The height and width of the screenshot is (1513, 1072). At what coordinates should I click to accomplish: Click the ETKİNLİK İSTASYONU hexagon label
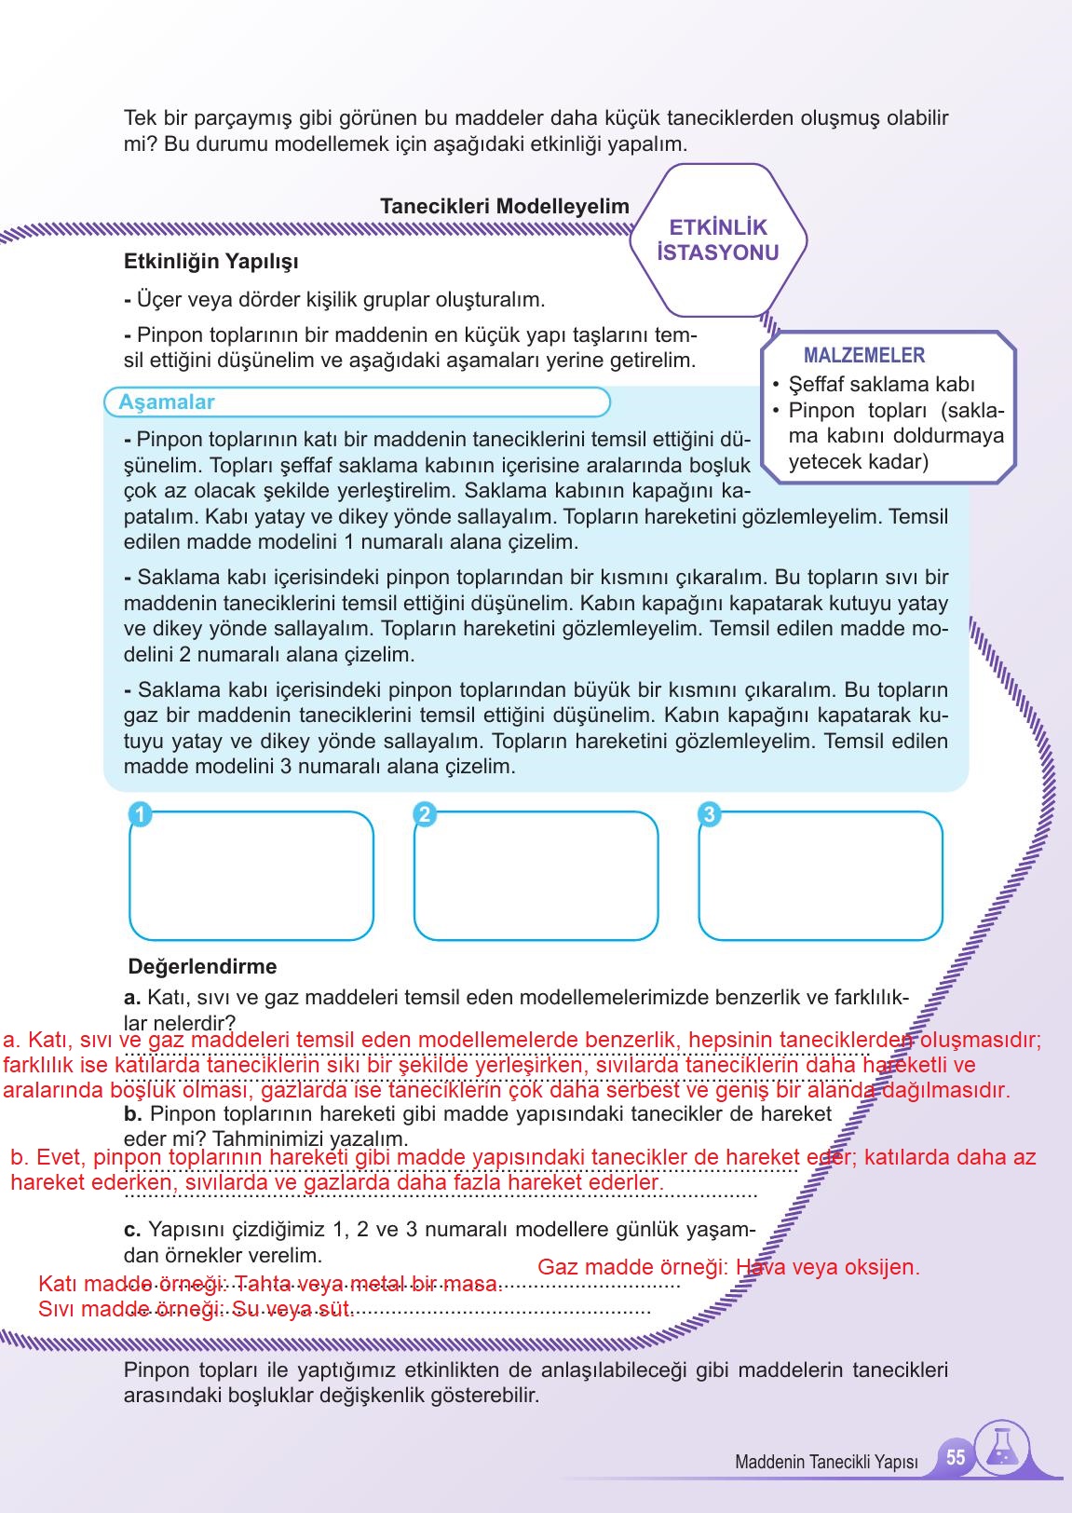717,240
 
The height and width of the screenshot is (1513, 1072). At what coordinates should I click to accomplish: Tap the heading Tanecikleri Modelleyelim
504,206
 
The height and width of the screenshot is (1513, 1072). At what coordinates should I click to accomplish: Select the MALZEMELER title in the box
863,355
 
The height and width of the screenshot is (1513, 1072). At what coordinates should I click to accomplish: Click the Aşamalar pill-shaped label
167,402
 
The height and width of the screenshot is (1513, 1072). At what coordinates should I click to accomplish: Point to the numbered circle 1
139,814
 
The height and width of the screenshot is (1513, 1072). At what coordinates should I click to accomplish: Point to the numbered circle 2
424,814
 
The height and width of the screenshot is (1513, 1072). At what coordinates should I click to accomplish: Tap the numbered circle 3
709,814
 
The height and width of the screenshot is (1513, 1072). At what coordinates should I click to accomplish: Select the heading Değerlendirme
202,966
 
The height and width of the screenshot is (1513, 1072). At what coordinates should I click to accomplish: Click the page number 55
956,1457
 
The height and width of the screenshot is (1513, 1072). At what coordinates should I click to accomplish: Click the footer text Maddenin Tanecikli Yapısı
826,1462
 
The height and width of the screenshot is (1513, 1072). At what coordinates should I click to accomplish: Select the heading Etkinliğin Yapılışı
210,262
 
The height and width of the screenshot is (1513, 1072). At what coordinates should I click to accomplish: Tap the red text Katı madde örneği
129,1284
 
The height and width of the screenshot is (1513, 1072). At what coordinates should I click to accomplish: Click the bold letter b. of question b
131,1113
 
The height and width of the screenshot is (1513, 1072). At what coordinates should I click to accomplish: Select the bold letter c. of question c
131,1230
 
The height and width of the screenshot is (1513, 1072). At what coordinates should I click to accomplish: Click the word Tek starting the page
141,118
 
